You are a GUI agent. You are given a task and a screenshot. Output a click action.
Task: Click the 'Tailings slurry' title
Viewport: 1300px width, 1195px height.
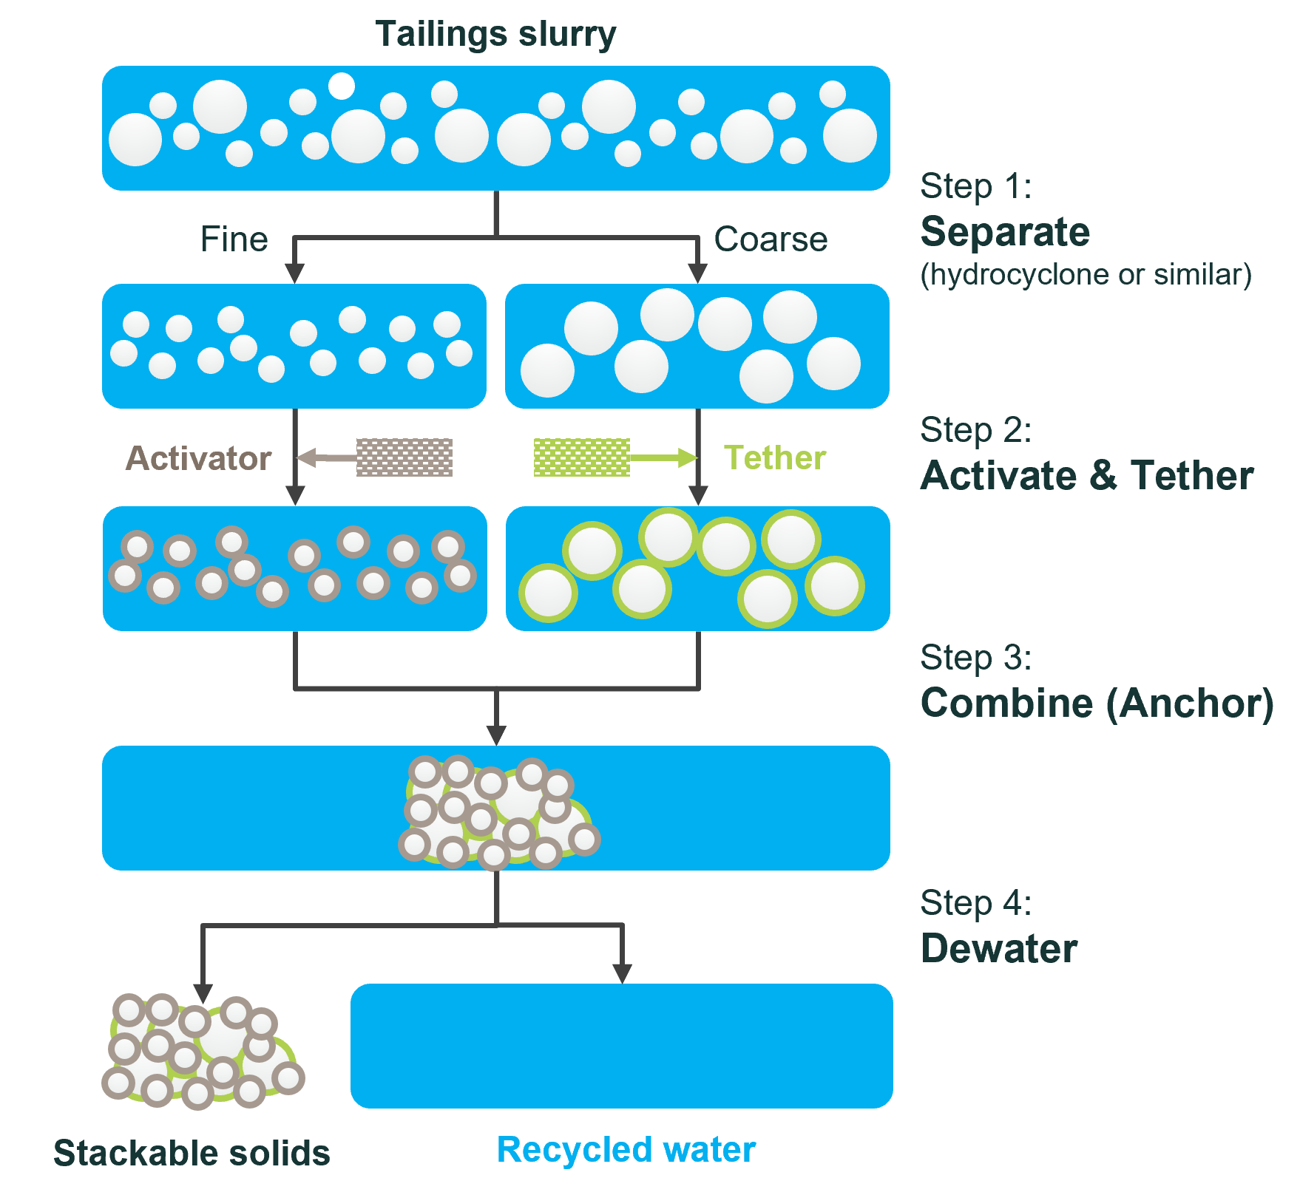coord(495,35)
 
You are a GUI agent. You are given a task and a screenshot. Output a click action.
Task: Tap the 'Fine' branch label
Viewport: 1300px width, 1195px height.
coord(234,239)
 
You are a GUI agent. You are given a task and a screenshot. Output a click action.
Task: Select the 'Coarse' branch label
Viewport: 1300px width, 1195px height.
coord(771,239)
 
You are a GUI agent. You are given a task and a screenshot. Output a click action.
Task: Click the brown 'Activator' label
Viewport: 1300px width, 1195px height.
coord(199,458)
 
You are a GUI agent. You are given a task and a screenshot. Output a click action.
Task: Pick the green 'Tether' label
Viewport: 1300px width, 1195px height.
coord(774,457)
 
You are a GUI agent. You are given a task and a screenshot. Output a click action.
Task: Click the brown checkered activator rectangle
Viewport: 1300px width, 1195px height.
coord(404,457)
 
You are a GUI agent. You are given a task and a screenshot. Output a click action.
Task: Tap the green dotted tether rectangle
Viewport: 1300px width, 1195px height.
coord(582,457)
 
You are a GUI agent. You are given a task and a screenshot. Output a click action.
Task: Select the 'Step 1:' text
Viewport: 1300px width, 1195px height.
coord(975,186)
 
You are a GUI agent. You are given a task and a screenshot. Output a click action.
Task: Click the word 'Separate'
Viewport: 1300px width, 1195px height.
coord(1005,232)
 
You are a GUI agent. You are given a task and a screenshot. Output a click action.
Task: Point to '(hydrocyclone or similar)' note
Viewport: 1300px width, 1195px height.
coord(1086,275)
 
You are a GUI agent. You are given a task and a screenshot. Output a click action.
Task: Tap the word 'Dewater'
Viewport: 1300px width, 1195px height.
coord(999,948)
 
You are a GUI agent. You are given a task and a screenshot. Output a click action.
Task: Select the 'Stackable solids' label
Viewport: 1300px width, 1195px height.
coord(192,1153)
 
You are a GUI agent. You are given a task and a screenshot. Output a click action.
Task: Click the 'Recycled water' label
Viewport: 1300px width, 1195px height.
coord(626,1150)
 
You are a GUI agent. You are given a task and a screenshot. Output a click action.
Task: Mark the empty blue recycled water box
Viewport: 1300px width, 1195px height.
coord(621,1046)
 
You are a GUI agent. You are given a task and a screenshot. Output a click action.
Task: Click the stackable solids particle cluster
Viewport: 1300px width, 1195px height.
coord(202,1052)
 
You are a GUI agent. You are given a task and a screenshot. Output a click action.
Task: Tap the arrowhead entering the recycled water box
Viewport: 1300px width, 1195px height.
coord(623,973)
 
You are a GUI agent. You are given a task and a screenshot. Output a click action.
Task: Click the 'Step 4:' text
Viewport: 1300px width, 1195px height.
coord(975,903)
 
